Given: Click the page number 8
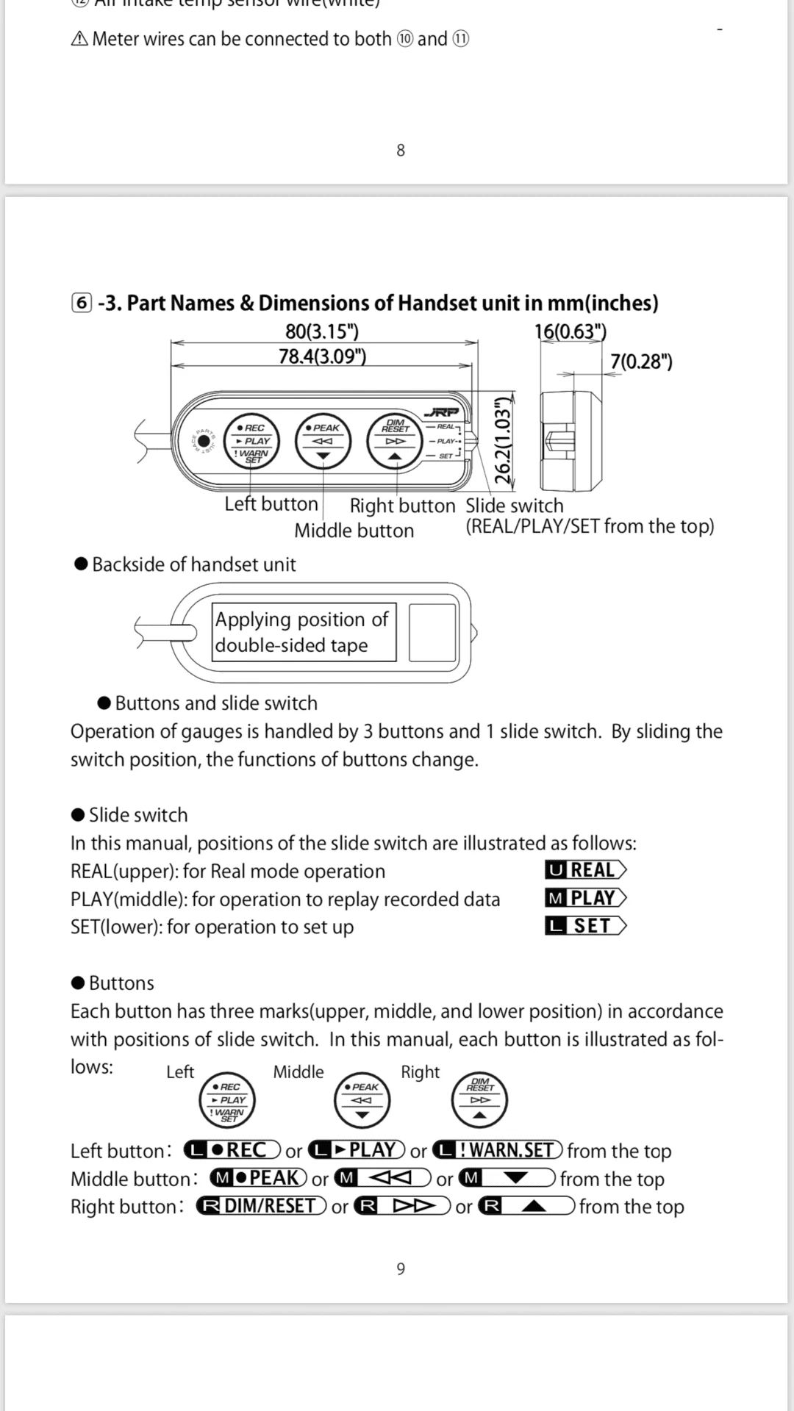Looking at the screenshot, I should click(x=401, y=151).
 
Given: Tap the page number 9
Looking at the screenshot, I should click(x=401, y=1268).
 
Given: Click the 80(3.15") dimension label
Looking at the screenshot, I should click(x=322, y=331).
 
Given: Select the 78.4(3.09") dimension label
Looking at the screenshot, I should click(x=322, y=356).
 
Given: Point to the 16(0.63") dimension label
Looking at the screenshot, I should click(x=571, y=331).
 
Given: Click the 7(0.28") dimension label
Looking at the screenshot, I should click(x=641, y=362).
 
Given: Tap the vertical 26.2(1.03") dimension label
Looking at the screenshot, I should click(x=503, y=440).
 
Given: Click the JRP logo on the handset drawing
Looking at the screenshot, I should click(x=441, y=413).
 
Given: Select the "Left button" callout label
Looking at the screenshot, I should click(x=271, y=504).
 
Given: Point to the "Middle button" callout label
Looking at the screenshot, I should click(x=354, y=531).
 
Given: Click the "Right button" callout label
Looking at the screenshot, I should click(x=402, y=506).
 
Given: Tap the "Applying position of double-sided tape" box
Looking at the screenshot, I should click(x=304, y=633).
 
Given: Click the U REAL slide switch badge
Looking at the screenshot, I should click(x=586, y=870).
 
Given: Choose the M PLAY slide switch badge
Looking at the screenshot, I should click(x=586, y=898).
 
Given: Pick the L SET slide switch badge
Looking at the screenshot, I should click(x=586, y=926).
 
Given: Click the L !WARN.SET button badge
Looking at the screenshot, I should click(x=498, y=1150).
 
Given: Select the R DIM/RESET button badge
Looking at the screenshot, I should click(x=262, y=1206).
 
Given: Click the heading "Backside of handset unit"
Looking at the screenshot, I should click(x=193, y=564).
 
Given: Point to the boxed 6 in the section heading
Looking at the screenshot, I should click(x=82, y=303).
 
